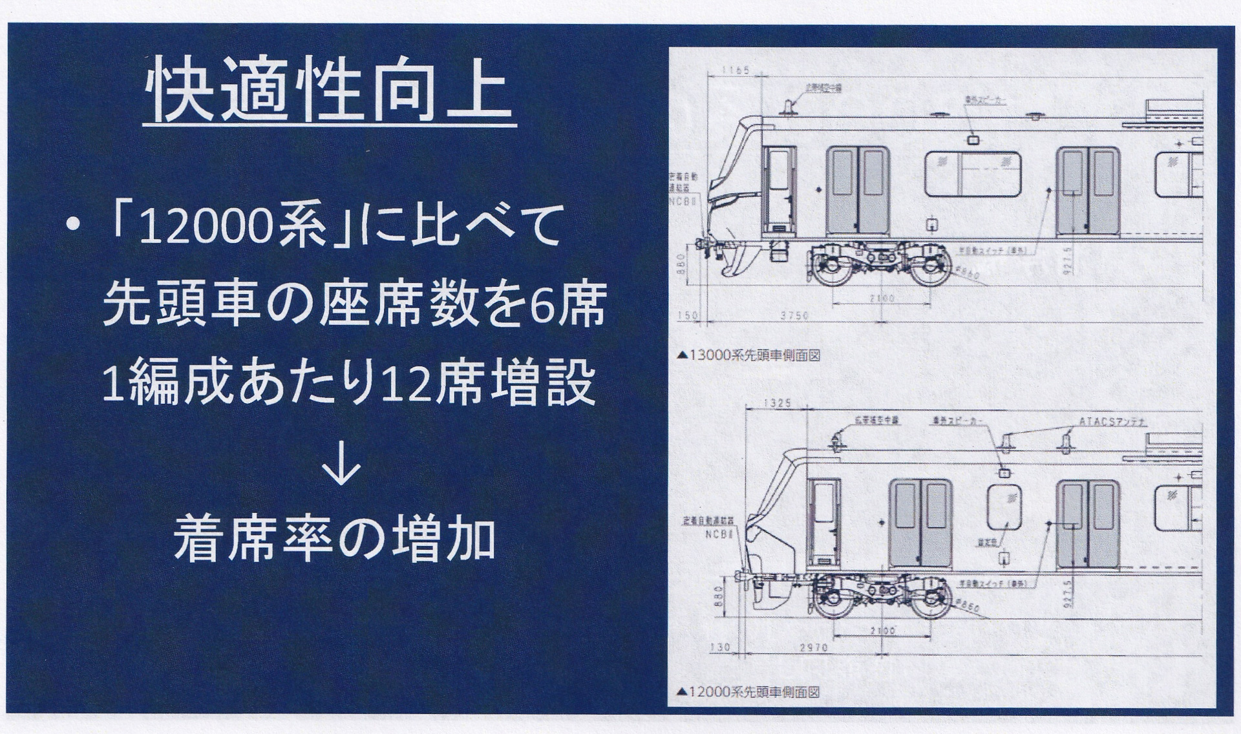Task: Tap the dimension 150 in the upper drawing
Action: pyautogui.click(x=692, y=315)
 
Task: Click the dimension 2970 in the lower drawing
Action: pyautogui.click(x=813, y=647)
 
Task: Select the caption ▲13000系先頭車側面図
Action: pyautogui.click(x=748, y=355)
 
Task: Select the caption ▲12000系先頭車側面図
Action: pyautogui.click(x=748, y=693)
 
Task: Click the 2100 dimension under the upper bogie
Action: pyautogui.click(x=882, y=298)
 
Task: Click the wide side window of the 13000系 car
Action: pyautogui.click(x=972, y=174)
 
